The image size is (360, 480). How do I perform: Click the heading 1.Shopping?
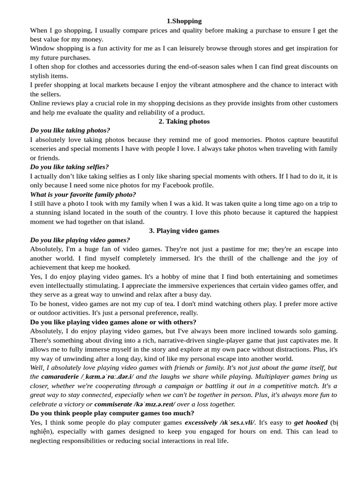184,21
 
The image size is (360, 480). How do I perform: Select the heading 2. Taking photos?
184,121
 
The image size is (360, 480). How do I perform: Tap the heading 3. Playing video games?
184,231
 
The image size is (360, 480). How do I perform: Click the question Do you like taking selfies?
69,167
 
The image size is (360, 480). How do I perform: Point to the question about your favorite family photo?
83,194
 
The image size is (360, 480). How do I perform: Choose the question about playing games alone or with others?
113,322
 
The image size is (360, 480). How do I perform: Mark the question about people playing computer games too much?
112,413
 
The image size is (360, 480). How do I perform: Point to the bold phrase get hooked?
311,422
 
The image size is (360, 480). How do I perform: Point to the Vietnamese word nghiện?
43,432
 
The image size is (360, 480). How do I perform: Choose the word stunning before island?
52,212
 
